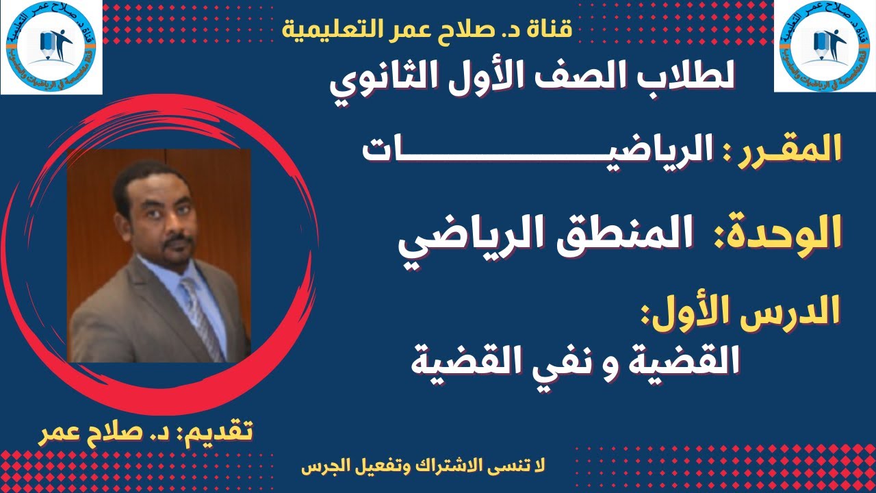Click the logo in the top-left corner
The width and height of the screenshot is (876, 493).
pos(51,47)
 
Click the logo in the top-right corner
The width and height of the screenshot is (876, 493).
pos(825,47)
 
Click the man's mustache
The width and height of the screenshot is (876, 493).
pos(179,241)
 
